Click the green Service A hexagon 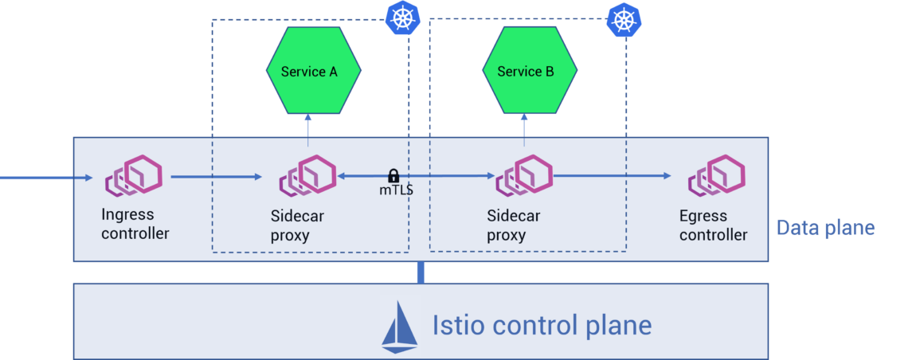[x=313, y=71]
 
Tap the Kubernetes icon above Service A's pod [x=402, y=18]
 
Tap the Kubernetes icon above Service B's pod [x=624, y=18]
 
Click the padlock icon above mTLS [x=393, y=175]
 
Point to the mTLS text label [x=396, y=191]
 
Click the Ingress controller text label [x=135, y=224]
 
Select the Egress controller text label [x=713, y=225]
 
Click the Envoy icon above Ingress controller [x=134, y=175]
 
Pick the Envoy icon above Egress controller [x=716, y=175]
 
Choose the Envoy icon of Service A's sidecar [x=307, y=175]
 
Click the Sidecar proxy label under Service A [x=297, y=225]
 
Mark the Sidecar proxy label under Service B [x=514, y=225]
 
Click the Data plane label [x=825, y=229]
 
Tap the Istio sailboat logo [x=400, y=326]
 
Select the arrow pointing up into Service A [x=308, y=125]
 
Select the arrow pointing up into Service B [x=524, y=125]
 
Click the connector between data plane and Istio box [x=420, y=272]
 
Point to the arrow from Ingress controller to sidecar [x=215, y=177]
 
